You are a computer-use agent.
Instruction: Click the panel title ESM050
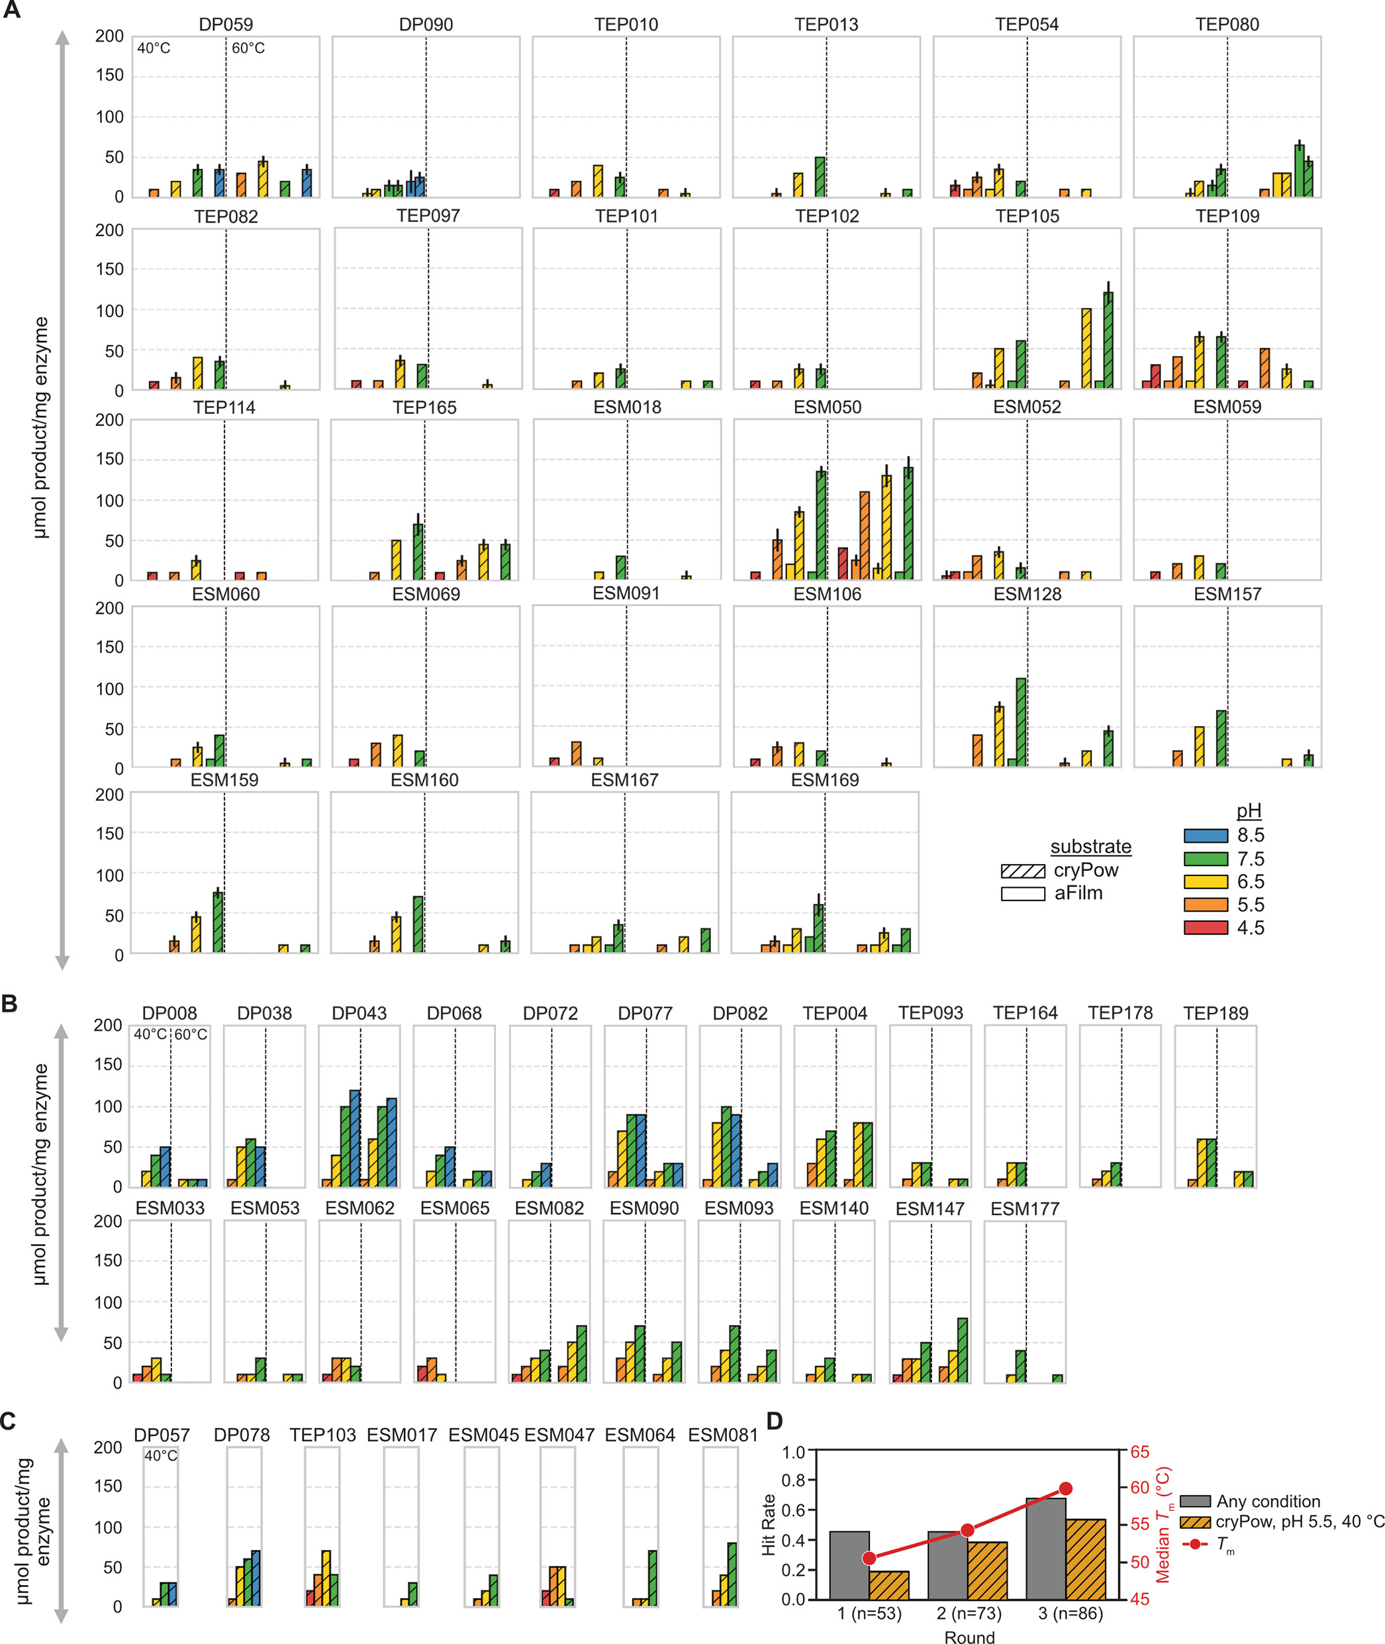click(x=827, y=407)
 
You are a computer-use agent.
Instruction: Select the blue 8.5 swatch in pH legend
click(x=1205, y=836)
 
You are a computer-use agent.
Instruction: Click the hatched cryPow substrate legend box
click(x=1022, y=871)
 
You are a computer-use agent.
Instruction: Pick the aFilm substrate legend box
click(x=1022, y=893)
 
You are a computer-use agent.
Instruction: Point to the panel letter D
click(x=774, y=1421)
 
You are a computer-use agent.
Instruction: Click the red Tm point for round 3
click(x=1065, y=1488)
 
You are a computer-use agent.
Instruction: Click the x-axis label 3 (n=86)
click(x=1070, y=1614)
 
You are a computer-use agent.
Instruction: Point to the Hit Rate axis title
click(x=768, y=1525)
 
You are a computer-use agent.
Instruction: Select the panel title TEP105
click(x=1027, y=216)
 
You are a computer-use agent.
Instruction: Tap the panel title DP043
click(x=359, y=1014)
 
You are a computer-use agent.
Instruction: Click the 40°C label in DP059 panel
click(x=154, y=48)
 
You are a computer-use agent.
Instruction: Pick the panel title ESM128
click(x=1027, y=595)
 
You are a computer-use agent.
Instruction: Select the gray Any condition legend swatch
click(x=1194, y=1501)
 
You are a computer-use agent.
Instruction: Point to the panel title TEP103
click(x=322, y=1435)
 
